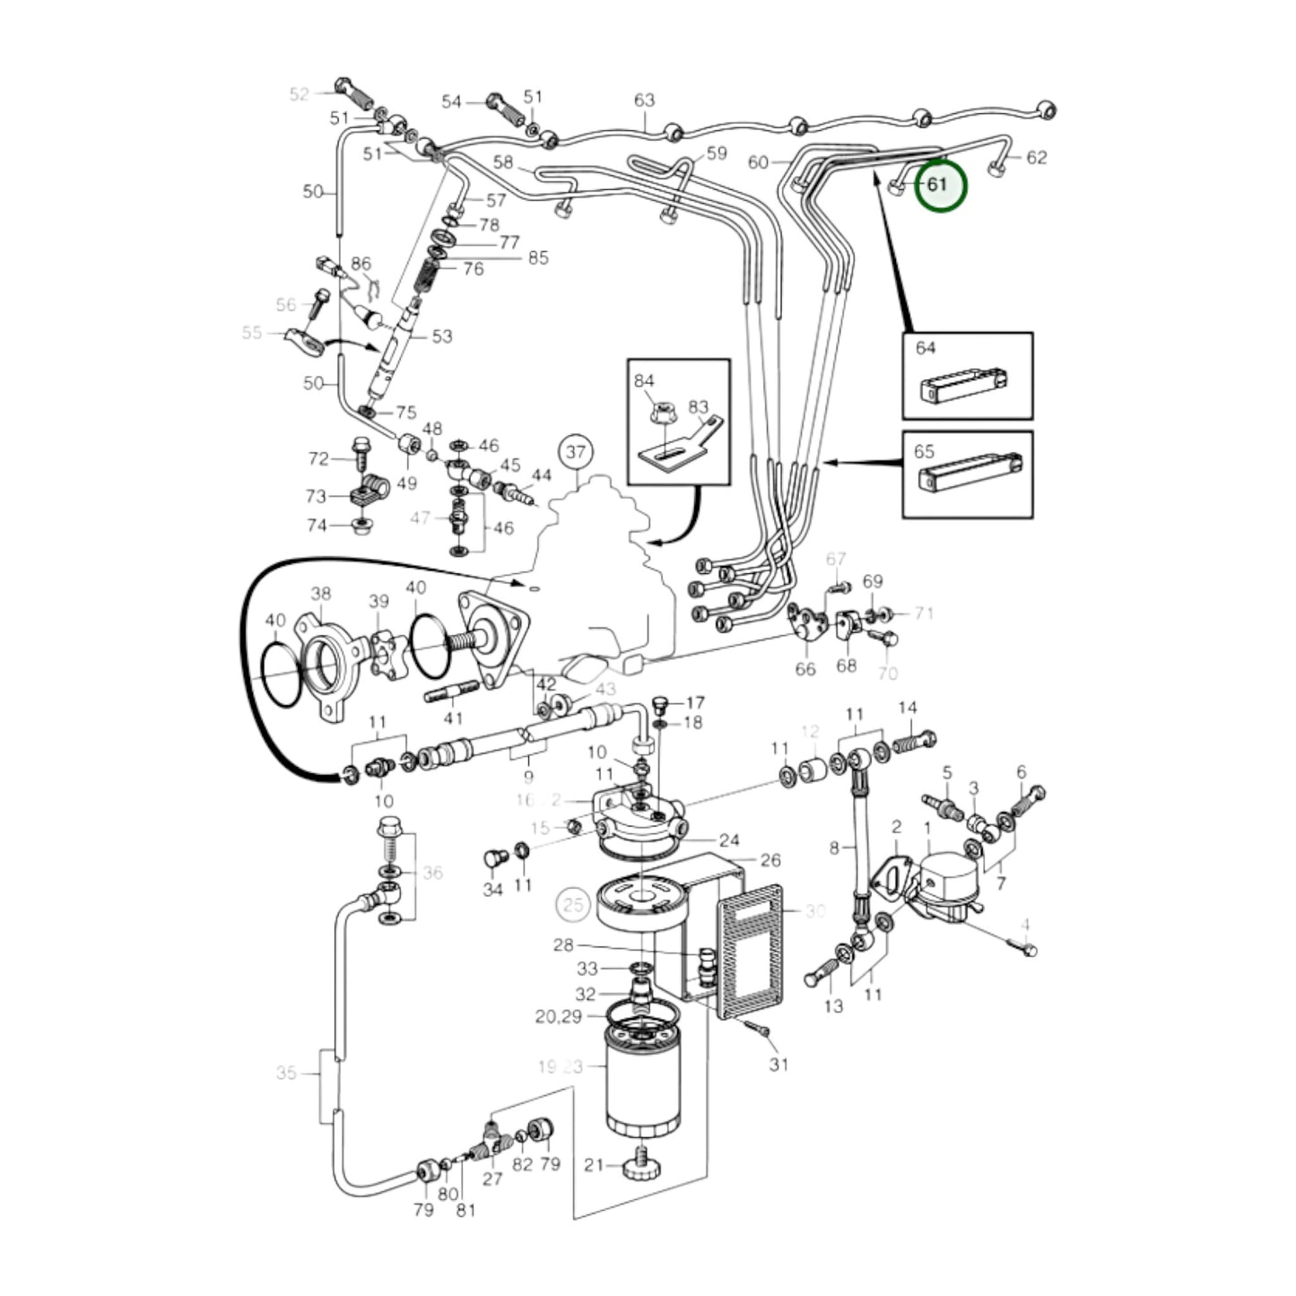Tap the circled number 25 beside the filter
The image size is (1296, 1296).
click(x=573, y=903)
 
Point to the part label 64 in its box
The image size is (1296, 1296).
click(x=926, y=347)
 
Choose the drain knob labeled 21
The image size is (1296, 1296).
click(x=641, y=1167)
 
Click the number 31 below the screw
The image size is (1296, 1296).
click(x=778, y=1064)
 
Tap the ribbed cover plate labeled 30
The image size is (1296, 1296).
click(x=749, y=951)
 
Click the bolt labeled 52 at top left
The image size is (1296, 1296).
click(x=350, y=90)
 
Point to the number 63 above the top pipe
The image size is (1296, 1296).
click(x=644, y=100)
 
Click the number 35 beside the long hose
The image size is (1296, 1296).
click(x=286, y=1073)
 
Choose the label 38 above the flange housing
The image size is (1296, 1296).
click(x=320, y=593)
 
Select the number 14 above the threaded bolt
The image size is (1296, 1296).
click(x=908, y=708)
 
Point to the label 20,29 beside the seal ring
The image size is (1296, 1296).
click(x=558, y=1016)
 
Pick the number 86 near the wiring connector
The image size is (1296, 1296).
click(x=361, y=264)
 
